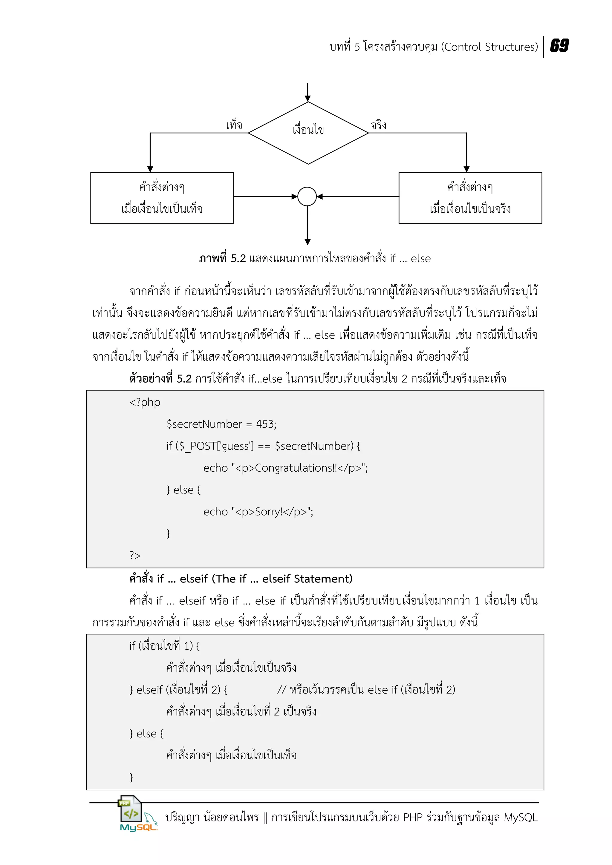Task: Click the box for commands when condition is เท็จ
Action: coord(162,198)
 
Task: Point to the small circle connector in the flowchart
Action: coord(307,196)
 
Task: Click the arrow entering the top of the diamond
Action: coord(307,92)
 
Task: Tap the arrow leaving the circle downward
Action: coord(307,226)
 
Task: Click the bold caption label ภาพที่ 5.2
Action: coord(222,258)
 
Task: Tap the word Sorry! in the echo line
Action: coord(269,512)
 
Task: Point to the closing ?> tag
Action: coord(134,555)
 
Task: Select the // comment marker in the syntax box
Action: coord(281,690)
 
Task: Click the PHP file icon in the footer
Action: coord(130,809)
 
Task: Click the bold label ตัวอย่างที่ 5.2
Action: coord(160,378)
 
